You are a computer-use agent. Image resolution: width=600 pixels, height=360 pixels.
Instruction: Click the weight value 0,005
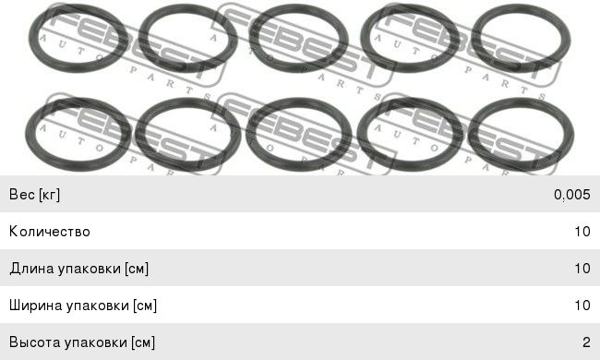[571, 195]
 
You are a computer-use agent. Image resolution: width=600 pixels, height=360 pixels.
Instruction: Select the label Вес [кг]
[34, 195]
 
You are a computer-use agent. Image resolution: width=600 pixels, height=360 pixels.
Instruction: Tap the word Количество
[50, 232]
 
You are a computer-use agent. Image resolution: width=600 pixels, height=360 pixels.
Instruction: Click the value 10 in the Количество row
[582, 232]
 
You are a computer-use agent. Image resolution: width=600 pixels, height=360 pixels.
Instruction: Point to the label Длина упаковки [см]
[79, 269]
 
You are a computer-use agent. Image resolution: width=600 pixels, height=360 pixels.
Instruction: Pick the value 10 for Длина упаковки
[582, 269]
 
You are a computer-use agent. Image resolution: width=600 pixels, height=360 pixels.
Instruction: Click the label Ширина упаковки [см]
[83, 306]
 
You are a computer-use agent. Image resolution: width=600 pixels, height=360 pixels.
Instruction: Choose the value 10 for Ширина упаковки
[582, 305]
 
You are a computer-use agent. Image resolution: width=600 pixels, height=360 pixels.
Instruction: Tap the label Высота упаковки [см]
[82, 342]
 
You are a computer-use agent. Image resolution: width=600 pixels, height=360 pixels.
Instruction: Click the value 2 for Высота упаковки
[586, 342]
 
